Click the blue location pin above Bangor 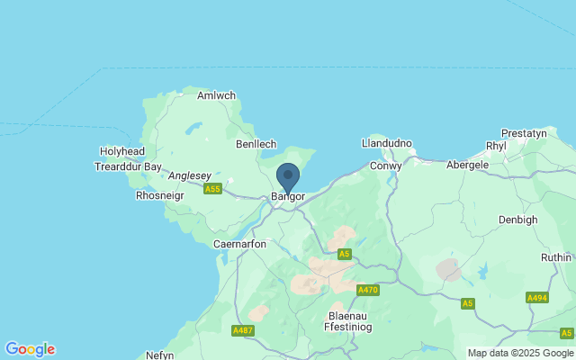tap(287, 175)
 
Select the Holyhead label tap(121, 152)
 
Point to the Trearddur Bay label tap(128, 166)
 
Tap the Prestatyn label tap(524, 133)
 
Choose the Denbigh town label tap(517, 220)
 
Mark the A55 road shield tap(212, 189)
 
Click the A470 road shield tap(367, 290)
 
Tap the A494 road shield tap(537, 298)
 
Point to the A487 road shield tap(243, 331)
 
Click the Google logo tap(30, 349)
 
